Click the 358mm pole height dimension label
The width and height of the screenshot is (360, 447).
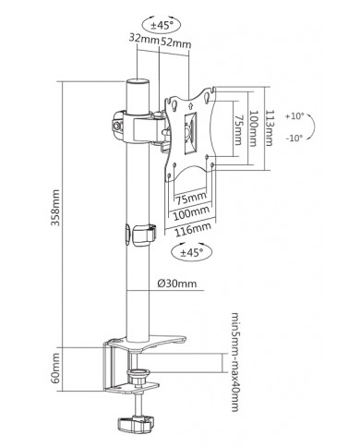pos(55,208)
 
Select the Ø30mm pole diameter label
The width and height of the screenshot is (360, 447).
pos(176,283)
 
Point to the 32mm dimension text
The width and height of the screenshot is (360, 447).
pos(143,39)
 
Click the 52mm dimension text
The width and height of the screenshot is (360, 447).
pos(175,42)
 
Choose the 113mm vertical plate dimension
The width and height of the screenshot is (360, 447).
pos(269,128)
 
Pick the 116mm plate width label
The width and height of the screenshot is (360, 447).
pos(193,229)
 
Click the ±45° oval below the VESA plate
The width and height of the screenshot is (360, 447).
pos(192,252)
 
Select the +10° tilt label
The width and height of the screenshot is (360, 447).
pos(294,116)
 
